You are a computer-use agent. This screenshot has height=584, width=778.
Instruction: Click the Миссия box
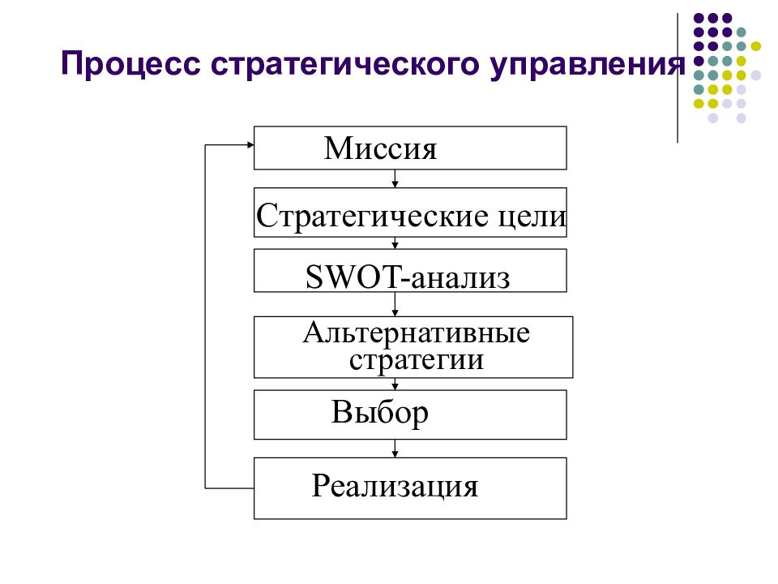[410, 148]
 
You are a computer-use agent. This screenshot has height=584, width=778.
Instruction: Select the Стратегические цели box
[410, 213]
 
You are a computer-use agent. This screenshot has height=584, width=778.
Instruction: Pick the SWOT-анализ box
[410, 271]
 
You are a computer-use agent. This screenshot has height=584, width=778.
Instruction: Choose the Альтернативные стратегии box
[413, 347]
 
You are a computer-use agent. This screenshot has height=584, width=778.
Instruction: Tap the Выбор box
[410, 414]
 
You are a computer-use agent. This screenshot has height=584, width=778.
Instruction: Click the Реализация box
[410, 488]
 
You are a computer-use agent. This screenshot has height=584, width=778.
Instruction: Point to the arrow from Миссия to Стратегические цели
[395, 178]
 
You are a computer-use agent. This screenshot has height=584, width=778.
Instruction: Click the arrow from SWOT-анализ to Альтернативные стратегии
[395, 304]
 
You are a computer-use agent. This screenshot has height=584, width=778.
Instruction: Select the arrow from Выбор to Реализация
[395, 449]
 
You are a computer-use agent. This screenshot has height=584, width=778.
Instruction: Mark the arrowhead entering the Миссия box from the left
[250, 145]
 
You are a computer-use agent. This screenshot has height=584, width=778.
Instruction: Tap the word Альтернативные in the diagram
[416, 333]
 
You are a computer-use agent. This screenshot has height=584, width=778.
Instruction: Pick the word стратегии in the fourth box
[416, 360]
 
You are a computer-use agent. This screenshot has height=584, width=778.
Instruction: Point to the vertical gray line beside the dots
[678, 78]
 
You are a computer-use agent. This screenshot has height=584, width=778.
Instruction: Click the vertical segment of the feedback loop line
[205, 316]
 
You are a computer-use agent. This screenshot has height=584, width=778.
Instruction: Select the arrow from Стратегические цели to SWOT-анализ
[395, 243]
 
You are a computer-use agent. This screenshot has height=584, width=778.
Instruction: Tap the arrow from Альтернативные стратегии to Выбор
[395, 384]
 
